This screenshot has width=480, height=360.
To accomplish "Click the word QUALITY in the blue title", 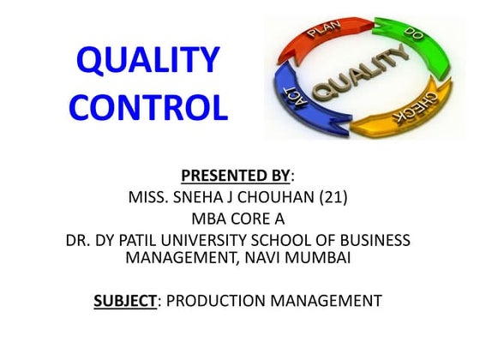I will [x=148, y=62].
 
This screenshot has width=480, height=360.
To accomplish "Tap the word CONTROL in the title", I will [x=148, y=108].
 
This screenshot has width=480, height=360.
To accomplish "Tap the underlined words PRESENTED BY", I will [x=237, y=177].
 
